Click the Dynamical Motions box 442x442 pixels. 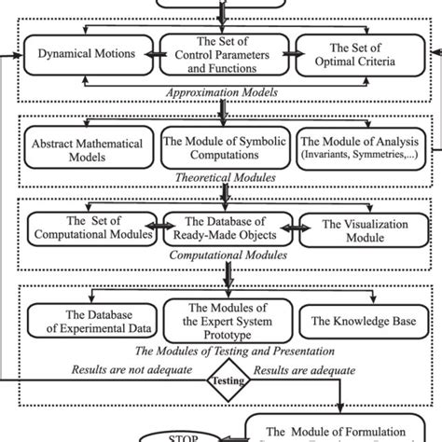pos(87,54)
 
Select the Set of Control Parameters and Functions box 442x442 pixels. pos(220,54)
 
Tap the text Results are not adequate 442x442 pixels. pos(131,369)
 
